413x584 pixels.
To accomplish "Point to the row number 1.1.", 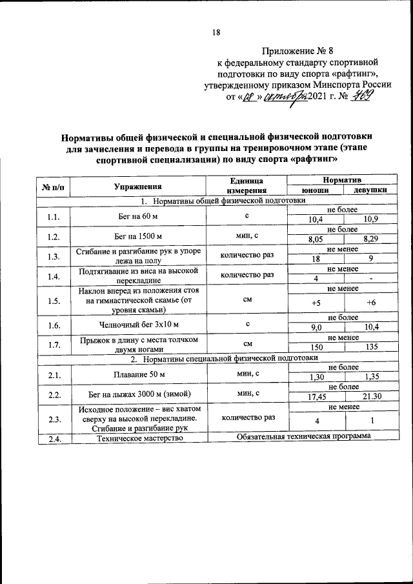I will coord(54,216).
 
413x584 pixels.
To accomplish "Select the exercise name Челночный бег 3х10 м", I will coord(138,325).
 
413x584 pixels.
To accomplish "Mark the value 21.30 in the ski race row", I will coord(370,396).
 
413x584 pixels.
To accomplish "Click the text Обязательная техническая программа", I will coord(303,437).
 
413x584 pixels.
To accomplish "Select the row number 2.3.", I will coord(54,419).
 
